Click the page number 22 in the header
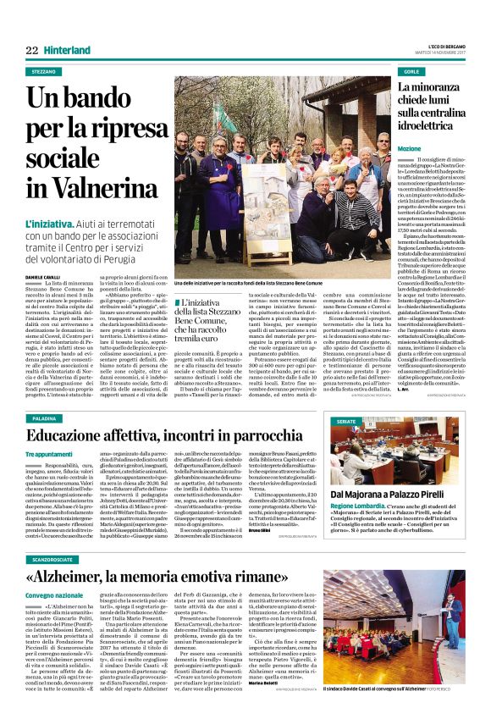tap(31, 51)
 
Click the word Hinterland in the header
tap(66, 51)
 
